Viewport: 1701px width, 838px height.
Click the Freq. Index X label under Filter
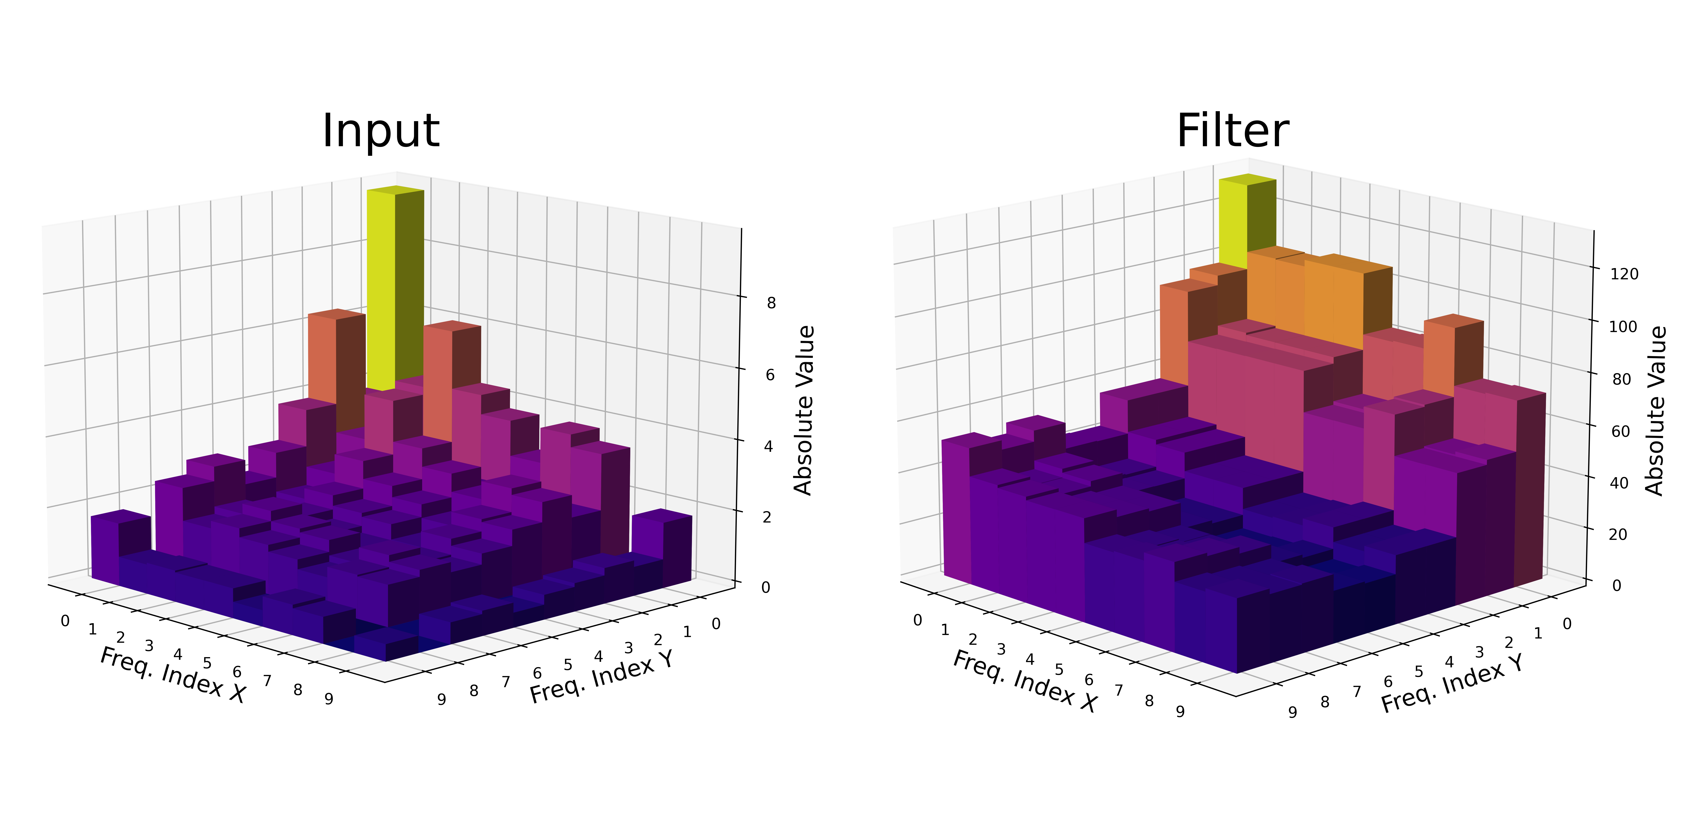coord(1025,681)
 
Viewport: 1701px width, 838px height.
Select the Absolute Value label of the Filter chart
coord(1655,410)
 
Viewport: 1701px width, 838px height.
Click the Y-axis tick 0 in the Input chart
coord(716,624)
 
